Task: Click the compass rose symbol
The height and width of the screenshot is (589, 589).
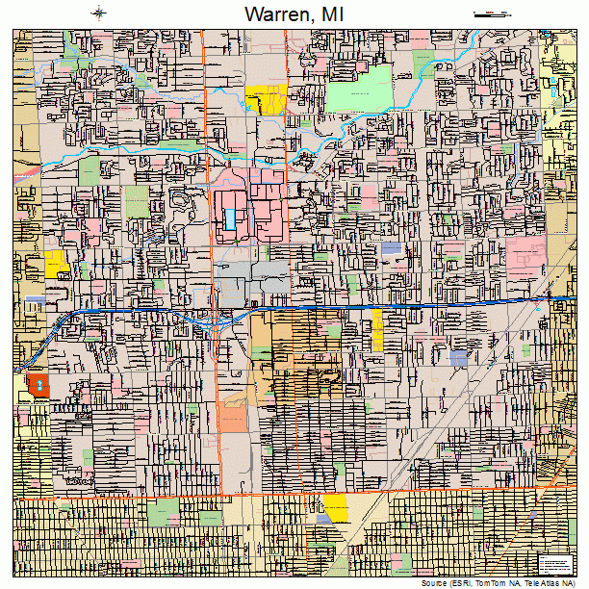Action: pyautogui.click(x=99, y=13)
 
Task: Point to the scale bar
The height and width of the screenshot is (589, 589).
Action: pyautogui.click(x=491, y=13)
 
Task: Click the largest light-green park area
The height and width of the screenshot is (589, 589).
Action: pyautogui.click(x=359, y=90)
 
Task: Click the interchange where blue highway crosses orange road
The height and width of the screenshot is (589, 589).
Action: pyautogui.click(x=219, y=316)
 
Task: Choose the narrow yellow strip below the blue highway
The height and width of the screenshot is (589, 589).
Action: pyautogui.click(x=377, y=329)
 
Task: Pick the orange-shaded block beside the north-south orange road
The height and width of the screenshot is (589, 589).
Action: pyautogui.click(x=232, y=416)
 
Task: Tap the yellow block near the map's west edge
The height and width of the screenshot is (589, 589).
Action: pyautogui.click(x=56, y=263)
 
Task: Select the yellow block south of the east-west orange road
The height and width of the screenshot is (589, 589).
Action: pyautogui.click(x=336, y=506)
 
